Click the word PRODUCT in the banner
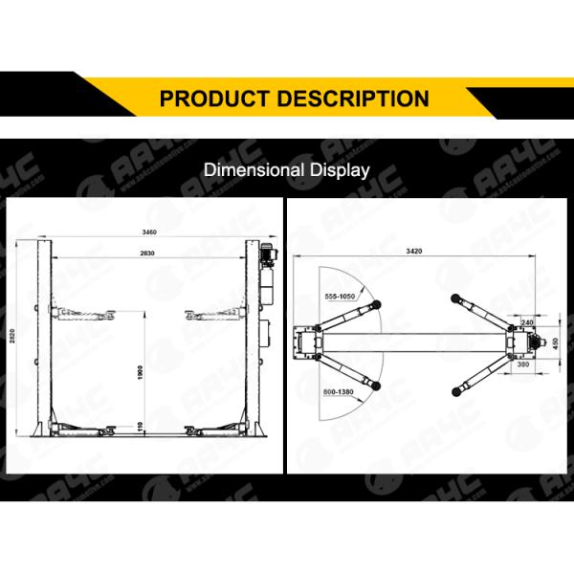[213, 98]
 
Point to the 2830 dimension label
[146, 253]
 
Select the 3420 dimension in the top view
[413, 251]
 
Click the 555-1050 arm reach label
[340, 297]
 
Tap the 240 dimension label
[528, 322]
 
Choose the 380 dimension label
[522, 364]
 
